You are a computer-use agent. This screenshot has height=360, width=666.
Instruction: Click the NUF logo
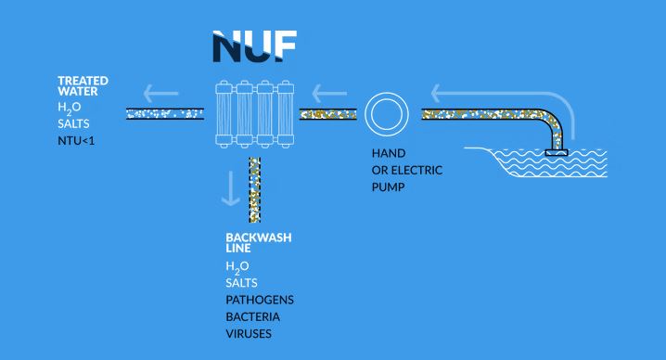pos(254,46)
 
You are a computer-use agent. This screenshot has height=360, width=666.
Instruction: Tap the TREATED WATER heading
pos(83,86)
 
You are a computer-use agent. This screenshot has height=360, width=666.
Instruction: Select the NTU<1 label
pos(76,141)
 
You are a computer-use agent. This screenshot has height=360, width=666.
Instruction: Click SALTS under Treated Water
pos(73,123)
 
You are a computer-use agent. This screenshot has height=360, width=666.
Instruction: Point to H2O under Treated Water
pos(70,108)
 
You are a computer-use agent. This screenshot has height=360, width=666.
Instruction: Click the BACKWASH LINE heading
pos(259,243)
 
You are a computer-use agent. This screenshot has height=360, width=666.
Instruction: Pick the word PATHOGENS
pos(260,300)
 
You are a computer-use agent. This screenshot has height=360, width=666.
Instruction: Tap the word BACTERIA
pos(252,316)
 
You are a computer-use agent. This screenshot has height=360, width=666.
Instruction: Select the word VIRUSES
pos(249,334)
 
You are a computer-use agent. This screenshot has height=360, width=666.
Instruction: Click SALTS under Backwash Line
pos(241,283)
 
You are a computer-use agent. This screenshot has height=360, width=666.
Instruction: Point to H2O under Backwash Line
pos(237,267)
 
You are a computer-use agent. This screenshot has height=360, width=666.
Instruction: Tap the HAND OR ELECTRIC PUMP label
pos(407,170)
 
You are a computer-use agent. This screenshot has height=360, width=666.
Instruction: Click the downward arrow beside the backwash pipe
pos(231,188)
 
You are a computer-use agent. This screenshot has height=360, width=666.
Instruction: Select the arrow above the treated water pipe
pos(160,94)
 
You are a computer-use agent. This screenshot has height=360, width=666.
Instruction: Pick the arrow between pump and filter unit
pos(329,94)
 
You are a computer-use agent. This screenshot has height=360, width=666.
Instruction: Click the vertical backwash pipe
pos(255,190)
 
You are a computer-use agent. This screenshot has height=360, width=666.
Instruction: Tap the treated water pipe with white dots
pos(165,114)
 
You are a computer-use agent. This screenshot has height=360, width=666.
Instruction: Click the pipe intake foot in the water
pos(557,152)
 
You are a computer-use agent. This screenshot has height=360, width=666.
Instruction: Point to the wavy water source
pos(548,162)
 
